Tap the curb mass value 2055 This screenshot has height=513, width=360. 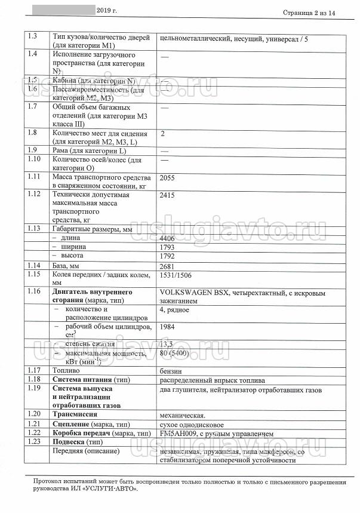(170, 178)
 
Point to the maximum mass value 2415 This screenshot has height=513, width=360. (170, 195)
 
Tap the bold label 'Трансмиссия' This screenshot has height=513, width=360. (75, 414)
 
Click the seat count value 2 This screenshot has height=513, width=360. (163, 133)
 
